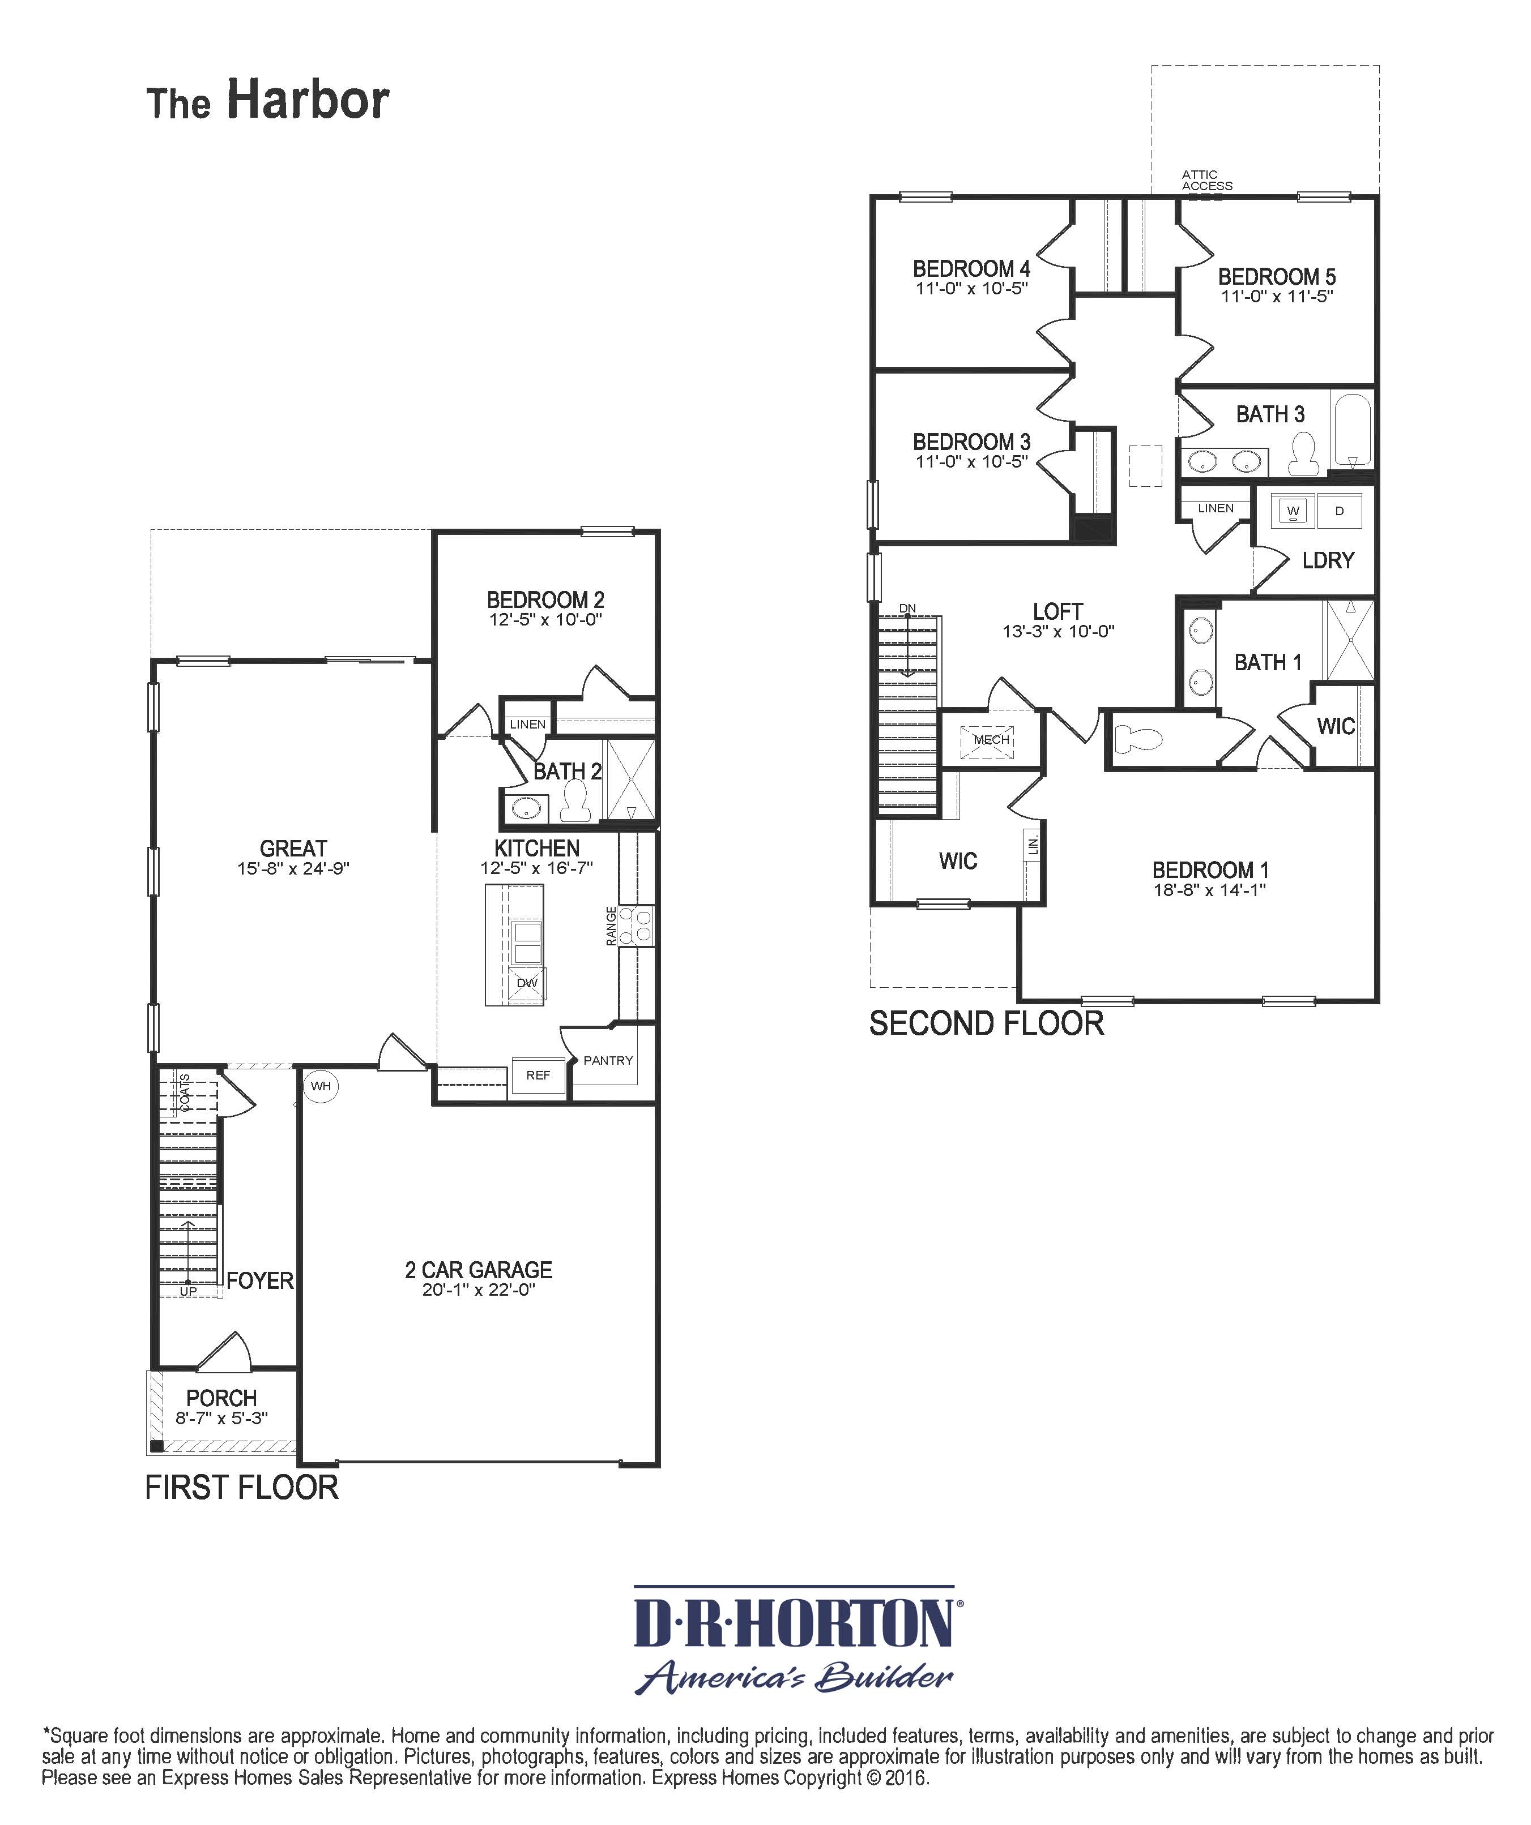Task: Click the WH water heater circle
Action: [321, 1086]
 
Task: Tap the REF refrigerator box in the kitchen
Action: [538, 1075]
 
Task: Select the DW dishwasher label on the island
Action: [527, 983]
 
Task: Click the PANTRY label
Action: [608, 1060]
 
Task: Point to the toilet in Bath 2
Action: [575, 800]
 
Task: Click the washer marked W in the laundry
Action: [1293, 511]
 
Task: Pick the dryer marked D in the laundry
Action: [1340, 511]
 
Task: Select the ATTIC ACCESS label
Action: [1206, 180]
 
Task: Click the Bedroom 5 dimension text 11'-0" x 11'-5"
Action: [1276, 297]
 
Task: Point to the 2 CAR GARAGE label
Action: [478, 1270]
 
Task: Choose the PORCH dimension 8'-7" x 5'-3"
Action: [221, 1419]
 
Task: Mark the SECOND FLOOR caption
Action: [986, 1024]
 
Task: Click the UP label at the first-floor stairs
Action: [188, 1291]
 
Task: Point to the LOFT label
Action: [1057, 612]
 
